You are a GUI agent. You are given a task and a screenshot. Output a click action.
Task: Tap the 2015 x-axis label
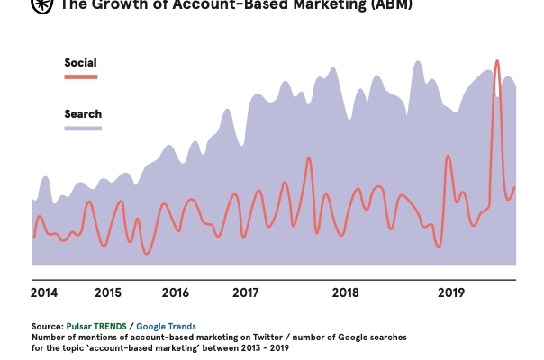click(107, 292)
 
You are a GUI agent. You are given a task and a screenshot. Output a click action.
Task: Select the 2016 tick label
click(176, 292)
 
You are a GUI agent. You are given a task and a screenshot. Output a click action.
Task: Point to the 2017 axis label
click(246, 292)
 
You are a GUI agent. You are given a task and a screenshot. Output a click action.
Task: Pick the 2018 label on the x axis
click(346, 292)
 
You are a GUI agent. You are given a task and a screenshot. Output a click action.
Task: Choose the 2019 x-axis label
click(450, 292)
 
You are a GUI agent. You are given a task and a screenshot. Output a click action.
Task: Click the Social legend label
click(80, 63)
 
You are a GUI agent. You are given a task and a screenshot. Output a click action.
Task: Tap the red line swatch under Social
click(80, 76)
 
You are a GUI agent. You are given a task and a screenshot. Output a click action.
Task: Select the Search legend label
click(83, 114)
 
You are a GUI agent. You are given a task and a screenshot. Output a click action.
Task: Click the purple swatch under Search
click(83, 128)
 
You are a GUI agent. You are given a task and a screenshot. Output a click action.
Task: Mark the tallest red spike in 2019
click(496, 62)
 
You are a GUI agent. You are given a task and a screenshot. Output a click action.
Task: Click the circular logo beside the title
click(41, 4)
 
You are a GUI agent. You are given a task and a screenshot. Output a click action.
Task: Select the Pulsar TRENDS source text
click(96, 326)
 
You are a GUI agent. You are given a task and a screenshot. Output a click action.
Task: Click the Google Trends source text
click(166, 326)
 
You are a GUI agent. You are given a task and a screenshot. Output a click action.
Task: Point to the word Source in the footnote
click(47, 326)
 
